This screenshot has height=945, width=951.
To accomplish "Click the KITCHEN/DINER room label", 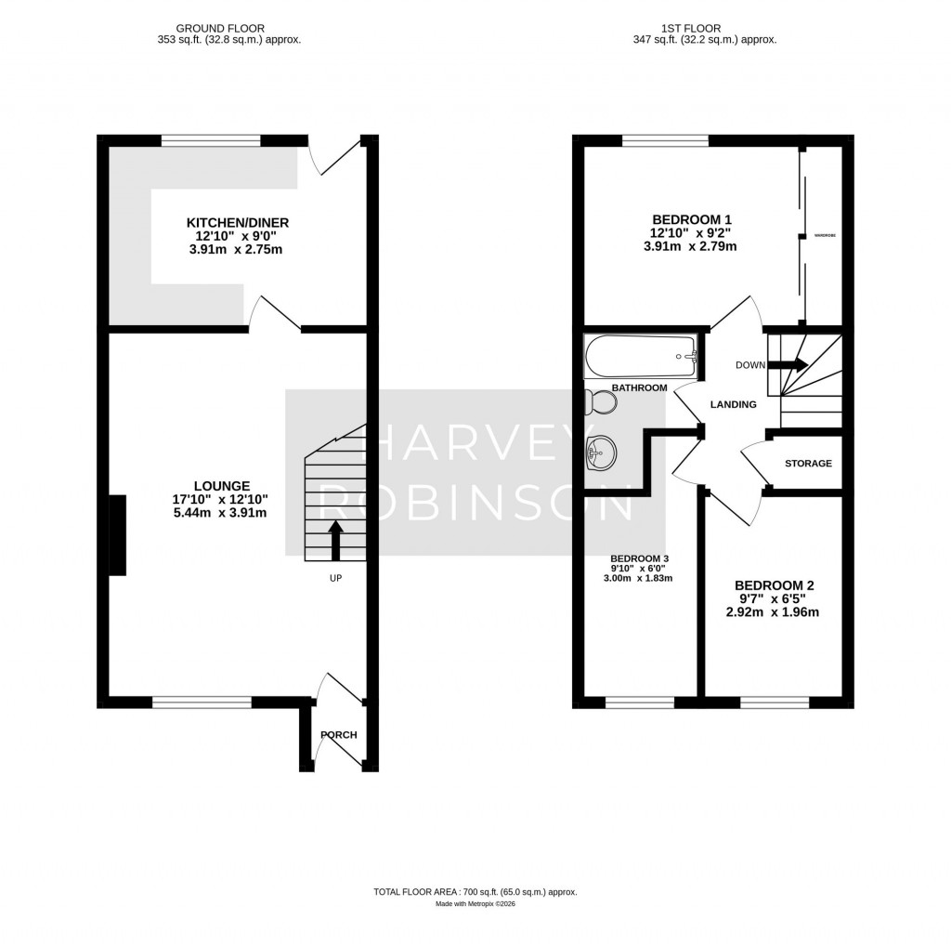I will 238,223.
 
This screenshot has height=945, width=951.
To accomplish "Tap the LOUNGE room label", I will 221,485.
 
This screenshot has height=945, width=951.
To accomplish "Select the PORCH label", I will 338,735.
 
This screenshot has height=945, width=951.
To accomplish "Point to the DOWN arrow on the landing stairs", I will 794,365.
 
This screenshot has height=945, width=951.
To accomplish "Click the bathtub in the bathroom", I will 640,356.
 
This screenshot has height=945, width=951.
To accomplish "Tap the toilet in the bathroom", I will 601,402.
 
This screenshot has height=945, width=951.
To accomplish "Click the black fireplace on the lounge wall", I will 118,535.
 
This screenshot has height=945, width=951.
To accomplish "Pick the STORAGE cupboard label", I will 808,463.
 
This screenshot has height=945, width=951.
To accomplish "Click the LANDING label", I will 733,404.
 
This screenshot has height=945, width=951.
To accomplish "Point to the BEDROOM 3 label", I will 641,558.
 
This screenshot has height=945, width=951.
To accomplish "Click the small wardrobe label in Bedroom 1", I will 825,236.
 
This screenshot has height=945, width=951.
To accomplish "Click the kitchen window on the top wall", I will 210,141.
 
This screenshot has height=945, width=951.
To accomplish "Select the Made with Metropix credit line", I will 475,904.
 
